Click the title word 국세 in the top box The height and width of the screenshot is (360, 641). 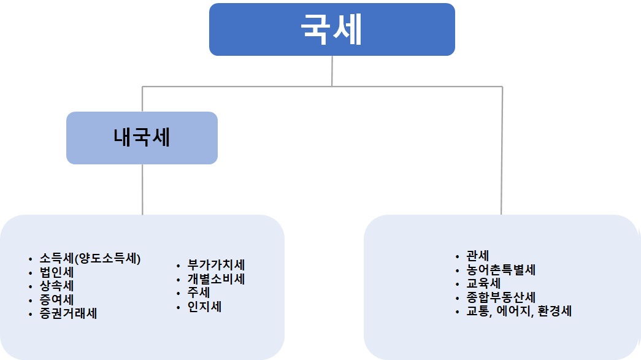point(331,30)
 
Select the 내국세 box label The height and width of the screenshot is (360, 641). point(142,137)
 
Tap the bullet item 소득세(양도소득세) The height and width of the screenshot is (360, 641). point(90,259)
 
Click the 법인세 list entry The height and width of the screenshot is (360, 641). point(57,272)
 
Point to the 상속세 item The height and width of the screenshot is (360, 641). point(57,286)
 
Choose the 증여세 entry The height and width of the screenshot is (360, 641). point(57,300)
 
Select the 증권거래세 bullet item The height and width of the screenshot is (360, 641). point(68,313)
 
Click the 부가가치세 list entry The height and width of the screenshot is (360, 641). point(217,266)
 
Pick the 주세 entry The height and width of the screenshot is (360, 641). point(200,293)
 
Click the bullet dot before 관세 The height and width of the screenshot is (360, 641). point(457,257)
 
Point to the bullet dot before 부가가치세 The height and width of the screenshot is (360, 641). point(177,266)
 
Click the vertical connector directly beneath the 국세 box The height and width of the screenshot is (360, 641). point(332,71)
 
